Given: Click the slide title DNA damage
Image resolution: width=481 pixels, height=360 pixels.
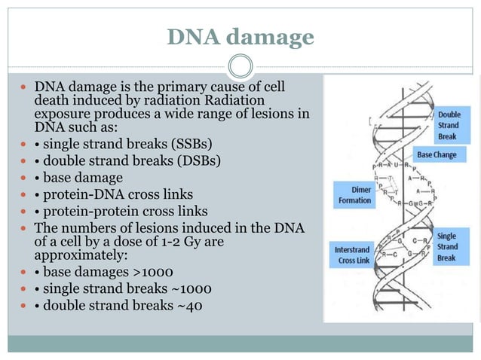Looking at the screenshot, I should coord(240,35).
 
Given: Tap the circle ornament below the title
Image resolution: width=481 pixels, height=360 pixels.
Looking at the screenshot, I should coord(240,66).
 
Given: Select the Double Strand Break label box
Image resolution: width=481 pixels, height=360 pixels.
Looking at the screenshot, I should coord(449,126).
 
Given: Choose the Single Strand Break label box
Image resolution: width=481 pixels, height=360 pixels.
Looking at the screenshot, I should coord(447,246).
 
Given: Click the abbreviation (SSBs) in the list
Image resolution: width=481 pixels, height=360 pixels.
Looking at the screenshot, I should coord(187,144).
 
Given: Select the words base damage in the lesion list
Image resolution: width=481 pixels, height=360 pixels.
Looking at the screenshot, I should coord(83,178).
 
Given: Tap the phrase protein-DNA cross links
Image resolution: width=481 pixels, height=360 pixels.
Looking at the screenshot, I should coord(117,195).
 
